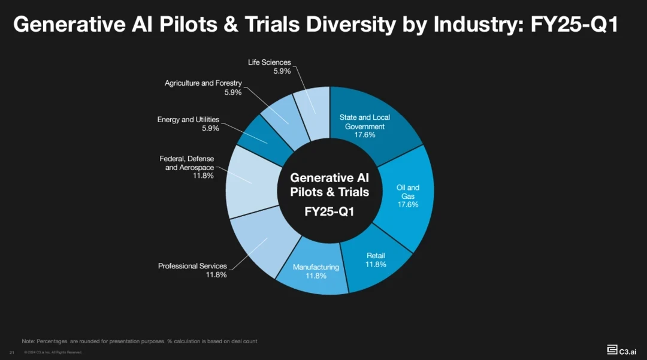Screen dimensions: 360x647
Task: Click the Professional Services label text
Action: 192,266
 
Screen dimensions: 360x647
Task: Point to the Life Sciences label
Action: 269,62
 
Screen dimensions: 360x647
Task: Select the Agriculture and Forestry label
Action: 203,83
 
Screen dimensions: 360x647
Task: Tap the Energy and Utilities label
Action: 188,120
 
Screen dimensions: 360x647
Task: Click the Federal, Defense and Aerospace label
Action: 187,163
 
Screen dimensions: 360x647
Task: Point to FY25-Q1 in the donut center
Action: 329,211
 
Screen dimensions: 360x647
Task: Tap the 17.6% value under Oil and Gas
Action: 408,205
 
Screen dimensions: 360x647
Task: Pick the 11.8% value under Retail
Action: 376,264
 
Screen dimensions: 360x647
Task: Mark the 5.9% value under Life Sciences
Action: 282,71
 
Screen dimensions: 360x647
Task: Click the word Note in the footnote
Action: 28,341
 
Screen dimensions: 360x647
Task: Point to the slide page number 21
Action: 11,352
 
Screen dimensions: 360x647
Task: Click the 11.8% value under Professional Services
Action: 216,275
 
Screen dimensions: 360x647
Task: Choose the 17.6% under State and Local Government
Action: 365,135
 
